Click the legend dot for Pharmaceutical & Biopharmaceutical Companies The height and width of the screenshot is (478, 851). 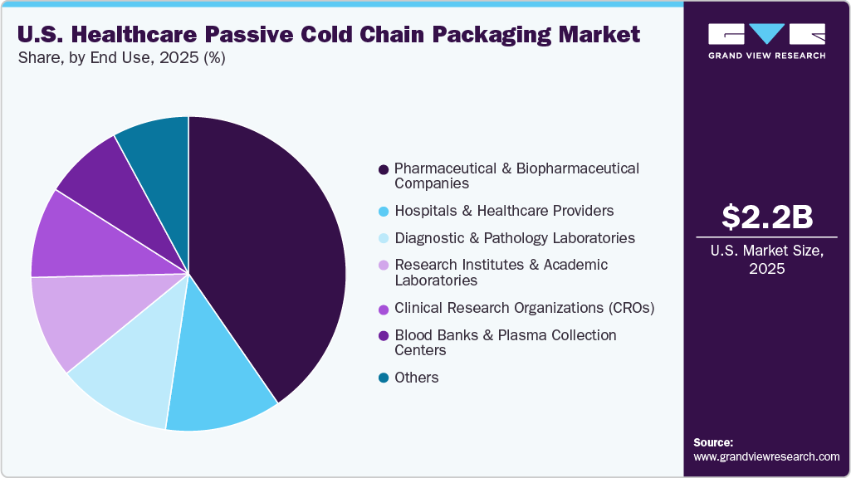pos(383,169)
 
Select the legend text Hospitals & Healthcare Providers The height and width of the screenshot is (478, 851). pos(504,211)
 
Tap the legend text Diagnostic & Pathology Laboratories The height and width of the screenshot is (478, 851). pos(514,238)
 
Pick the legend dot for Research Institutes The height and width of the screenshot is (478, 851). pos(383,266)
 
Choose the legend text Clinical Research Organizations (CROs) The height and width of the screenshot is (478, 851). pos(525,308)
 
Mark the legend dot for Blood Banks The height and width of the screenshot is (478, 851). pos(383,336)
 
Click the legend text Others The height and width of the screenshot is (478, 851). pos(416,378)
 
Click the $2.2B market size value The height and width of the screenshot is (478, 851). pos(766,217)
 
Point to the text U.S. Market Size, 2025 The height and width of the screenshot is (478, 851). pos(766,260)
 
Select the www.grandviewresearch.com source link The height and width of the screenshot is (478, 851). pos(766,456)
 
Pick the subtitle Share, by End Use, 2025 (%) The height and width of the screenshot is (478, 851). pos(121,58)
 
